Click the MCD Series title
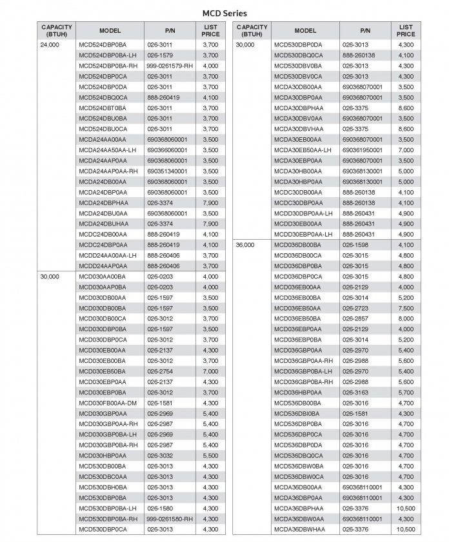(x=224, y=13)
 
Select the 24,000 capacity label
(x=49, y=45)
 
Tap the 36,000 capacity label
(x=245, y=246)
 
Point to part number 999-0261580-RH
(x=170, y=519)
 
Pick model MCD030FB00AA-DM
(x=108, y=403)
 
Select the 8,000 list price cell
(x=406, y=318)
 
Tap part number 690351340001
(x=168, y=171)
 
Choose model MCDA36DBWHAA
(x=300, y=529)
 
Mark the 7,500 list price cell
(x=406, y=308)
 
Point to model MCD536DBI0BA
(x=297, y=413)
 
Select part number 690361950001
(x=363, y=150)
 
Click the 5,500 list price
(x=210, y=456)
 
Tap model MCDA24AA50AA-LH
(x=108, y=150)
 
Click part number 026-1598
(x=355, y=246)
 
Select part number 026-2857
(x=355, y=318)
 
